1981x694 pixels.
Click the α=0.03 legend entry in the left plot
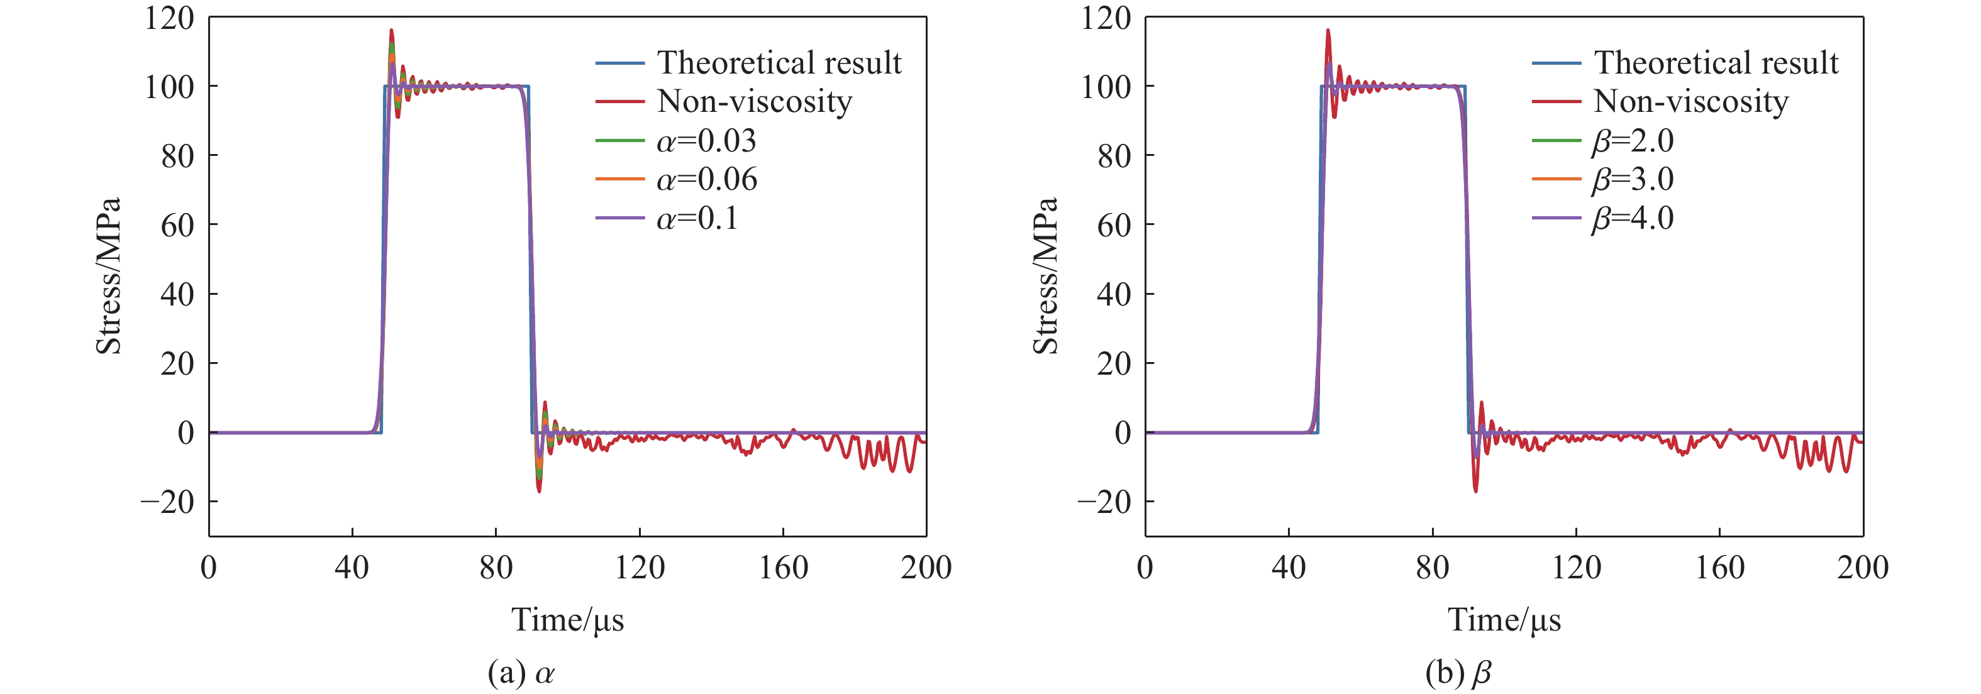[x=706, y=141]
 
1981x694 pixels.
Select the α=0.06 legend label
[x=707, y=180]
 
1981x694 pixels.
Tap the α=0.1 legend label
[x=697, y=219]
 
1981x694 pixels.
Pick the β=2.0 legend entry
[x=1633, y=141]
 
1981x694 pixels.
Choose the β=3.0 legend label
[x=1633, y=180]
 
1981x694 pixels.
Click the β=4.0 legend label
[x=1633, y=219]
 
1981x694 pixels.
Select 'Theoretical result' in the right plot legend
[x=1716, y=62]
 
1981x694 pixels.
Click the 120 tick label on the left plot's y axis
[x=169, y=18]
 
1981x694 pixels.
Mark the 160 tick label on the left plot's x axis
[x=783, y=568]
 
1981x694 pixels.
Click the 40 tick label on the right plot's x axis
[x=1288, y=568]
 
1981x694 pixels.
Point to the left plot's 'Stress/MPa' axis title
[x=108, y=276]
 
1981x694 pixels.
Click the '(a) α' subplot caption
[x=521, y=673]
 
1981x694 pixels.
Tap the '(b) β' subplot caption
[x=1458, y=673]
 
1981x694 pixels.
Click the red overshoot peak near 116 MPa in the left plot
[x=391, y=31]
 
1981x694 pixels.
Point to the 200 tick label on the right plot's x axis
[x=1863, y=568]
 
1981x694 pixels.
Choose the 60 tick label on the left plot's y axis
[x=177, y=225]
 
